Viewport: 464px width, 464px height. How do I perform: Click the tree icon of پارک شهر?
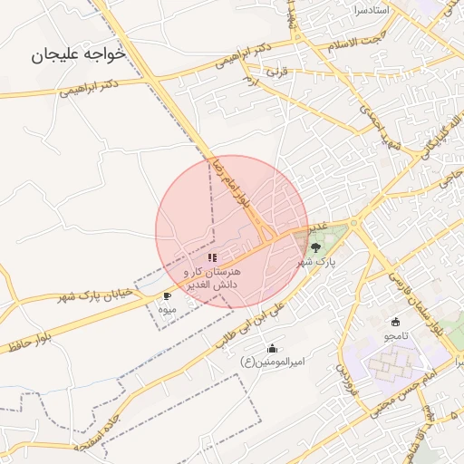click(315, 246)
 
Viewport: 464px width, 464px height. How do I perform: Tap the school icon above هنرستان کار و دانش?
click(212, 258)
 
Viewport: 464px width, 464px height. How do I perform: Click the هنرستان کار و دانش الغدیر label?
click(212, 278)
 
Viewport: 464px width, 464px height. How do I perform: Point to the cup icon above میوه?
click(167, 296)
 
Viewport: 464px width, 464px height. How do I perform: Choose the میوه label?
click(167, 310)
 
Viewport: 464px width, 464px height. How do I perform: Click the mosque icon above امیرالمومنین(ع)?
click(273, 349)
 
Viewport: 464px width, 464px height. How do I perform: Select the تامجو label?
click(396, 335)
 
